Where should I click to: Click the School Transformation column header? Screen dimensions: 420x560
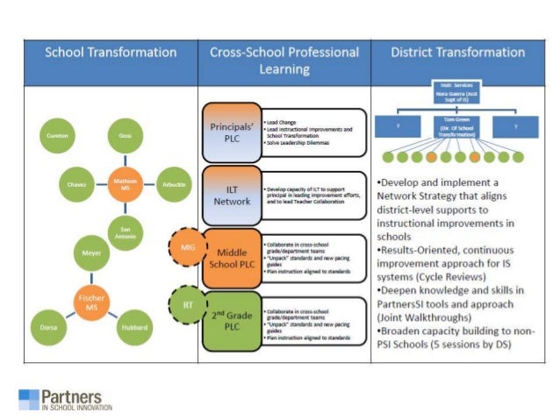click(x=111, y=53)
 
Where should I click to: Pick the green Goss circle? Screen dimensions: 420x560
click(x=125, y=138)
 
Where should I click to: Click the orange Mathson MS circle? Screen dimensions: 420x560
click(x=125, y=185)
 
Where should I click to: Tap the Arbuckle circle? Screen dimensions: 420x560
click(x=174, y=185)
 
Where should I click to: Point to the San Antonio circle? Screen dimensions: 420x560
click(x=125, y=231)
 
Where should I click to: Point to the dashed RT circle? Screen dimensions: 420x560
click(x=187, y=304)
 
